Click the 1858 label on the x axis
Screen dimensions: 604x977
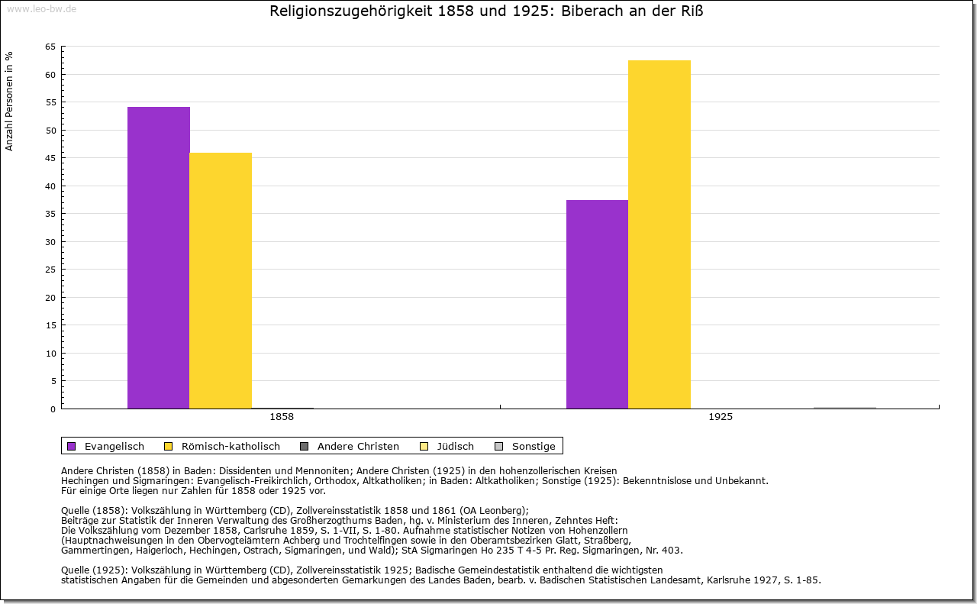coord(282,418)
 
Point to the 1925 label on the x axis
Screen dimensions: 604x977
coord(721,418)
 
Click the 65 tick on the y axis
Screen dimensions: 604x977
coord(50,47)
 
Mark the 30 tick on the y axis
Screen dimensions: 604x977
coord(50,242)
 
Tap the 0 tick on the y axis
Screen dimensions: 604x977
coord(53,409)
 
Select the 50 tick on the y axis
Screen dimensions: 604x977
coord(50,131)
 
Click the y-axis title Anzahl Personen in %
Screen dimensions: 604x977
coord(10,101)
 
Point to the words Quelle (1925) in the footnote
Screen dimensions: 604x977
coord(95,570)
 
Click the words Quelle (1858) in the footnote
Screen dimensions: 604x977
coord(95,511)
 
